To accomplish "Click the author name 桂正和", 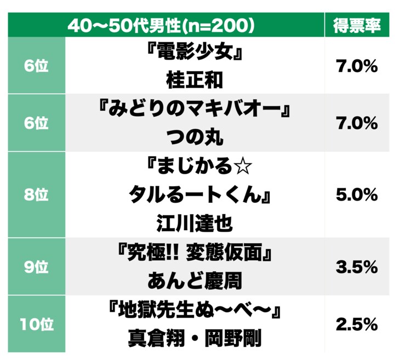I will coord(195,79).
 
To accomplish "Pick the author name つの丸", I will coord(195,136).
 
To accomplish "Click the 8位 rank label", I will coord(36,195).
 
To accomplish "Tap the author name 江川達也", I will coord(195,224).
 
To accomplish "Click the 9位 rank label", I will coord(36,267).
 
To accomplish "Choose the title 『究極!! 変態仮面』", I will coord(195,254).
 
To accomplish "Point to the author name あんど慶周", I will coord(195,281).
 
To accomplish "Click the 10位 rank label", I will coord(36,324).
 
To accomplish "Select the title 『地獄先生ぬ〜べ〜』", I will coord(195,311).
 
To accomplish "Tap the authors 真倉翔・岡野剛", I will coord(195,338).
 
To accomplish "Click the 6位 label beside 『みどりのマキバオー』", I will coord(36,124).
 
